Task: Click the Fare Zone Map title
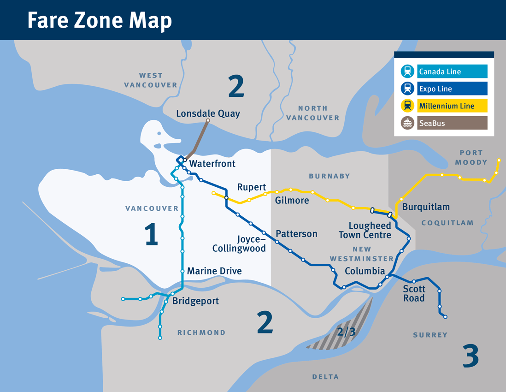[x=100, y=20]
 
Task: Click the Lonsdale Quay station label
[x=208, y=113]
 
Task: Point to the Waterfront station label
[x=212, y=164]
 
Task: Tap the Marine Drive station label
[x=214, y=271]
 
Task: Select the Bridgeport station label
[x=195, y=301]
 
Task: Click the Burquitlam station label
[x=426, y=207]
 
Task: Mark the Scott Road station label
[x=414, y=293]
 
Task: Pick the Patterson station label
[x=296, y=234]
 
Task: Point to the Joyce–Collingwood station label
[x=239, y=244]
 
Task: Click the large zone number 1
[x=151, y=234]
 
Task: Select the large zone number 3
[x=471, y=356]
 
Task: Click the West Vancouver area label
[x=151, y=80]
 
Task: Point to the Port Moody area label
[x=471, y=157]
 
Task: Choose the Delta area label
[x=325, y=377]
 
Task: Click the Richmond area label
[x=201, y=333]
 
